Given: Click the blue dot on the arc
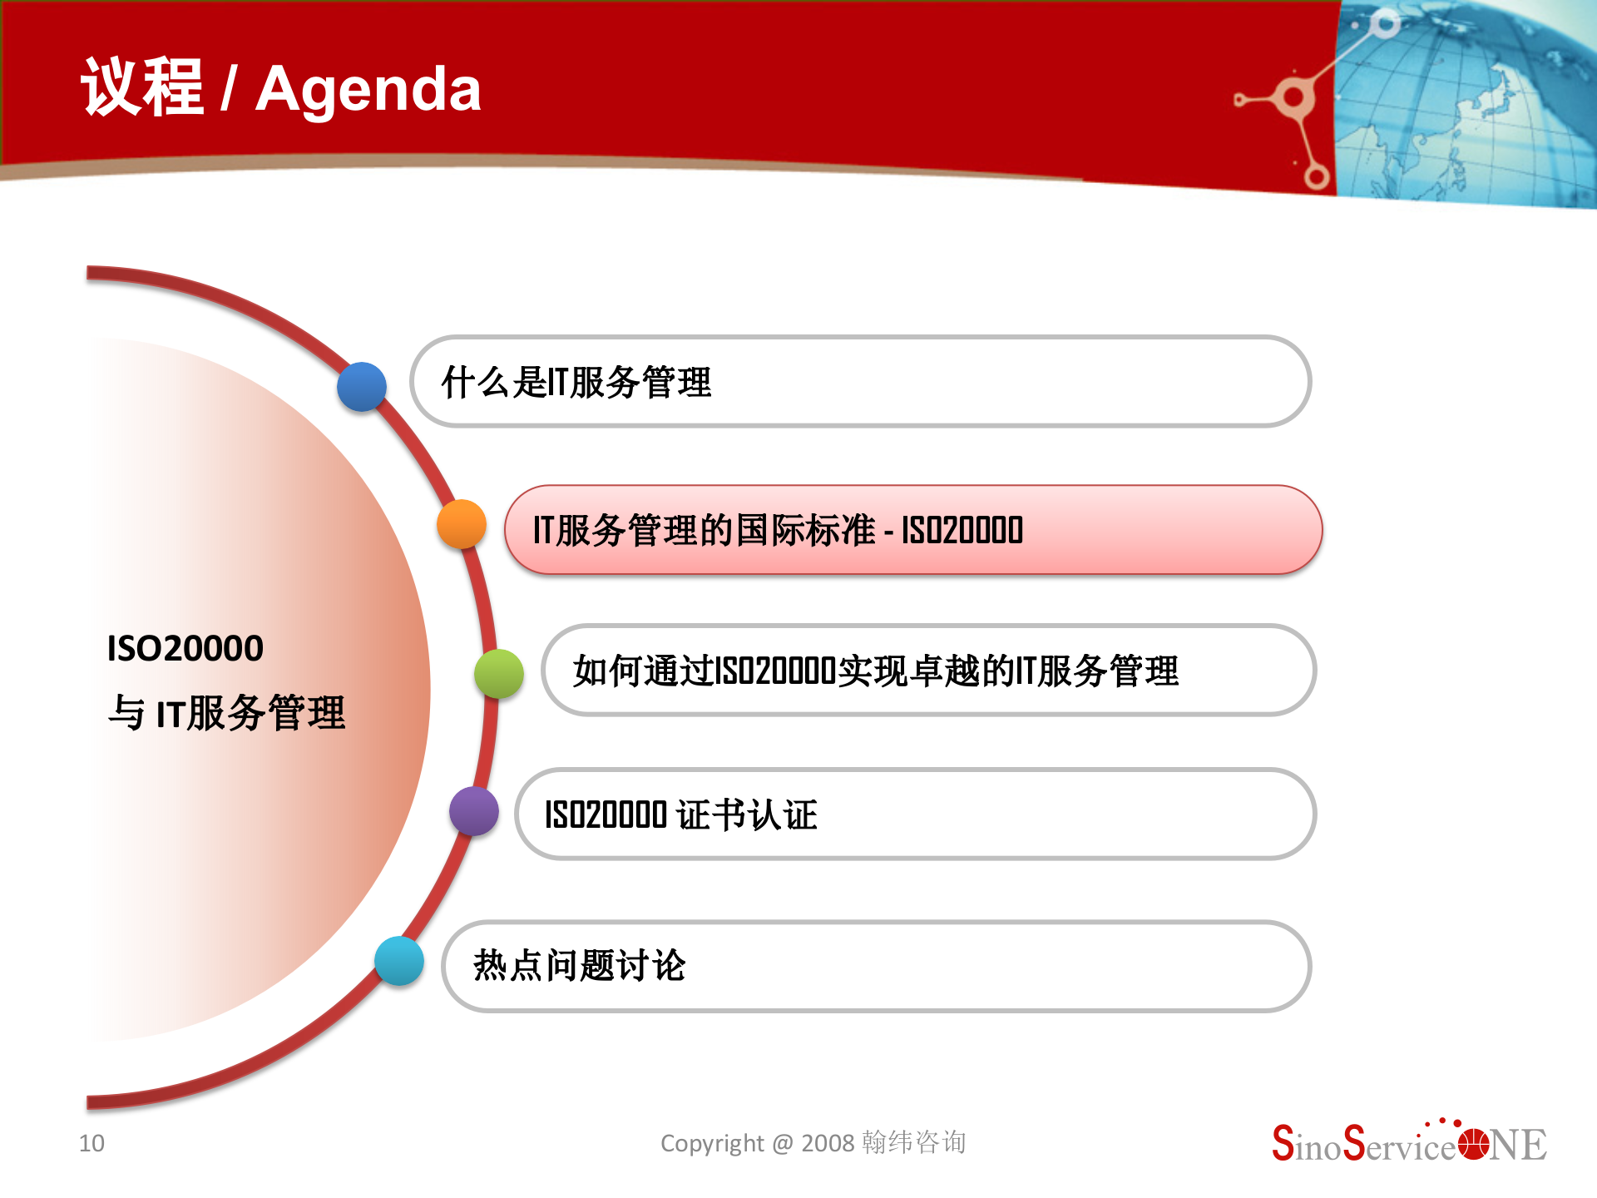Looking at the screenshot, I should [x=362, y=387].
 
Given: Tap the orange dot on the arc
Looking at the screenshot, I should [x=462, y=524].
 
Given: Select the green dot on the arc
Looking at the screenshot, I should [x=499, y=674].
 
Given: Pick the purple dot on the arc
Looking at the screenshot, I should [x=474, y=811].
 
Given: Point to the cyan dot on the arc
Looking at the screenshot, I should [x=399, y=961].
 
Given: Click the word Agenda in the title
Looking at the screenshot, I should [x=368, y=89].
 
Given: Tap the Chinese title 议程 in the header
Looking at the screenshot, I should [x=142, y=87].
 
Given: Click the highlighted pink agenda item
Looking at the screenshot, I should [x=912, y=530].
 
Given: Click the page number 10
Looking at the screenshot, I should [x=91, y=1143].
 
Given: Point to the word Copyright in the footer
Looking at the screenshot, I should [x=711, y=1143].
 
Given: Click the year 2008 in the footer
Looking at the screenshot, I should [x=828, y=1143].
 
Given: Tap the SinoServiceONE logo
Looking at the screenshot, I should [x=1409, y=1144].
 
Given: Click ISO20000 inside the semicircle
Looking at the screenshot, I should [x=185, y=648].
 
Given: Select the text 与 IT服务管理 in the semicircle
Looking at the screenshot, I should [x=226, y=713].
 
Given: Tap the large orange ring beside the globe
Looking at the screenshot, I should [x=1293, y=98].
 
